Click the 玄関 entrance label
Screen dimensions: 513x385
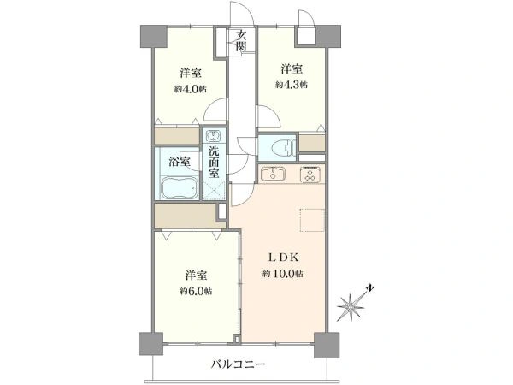[x=241, y=40]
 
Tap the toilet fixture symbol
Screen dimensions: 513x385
[x=283, y=147]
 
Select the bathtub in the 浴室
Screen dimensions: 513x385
[x=180, y=187]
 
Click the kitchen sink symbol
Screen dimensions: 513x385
[x=273, y=174]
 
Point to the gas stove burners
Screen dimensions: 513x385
[x=311, y=175]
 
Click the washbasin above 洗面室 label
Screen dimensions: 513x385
[x=214, y=136]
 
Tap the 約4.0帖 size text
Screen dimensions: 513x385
[x=190, y=89]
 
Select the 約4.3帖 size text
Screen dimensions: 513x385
[x=292, y=85]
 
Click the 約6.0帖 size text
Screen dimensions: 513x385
[x=196, y=291]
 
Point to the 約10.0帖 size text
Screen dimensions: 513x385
[x=282, y=274]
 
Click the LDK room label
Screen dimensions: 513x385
[x=283, y=258]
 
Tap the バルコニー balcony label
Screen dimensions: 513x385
[x=238, y=364]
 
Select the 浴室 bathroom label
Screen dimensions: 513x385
[x=180, y=161]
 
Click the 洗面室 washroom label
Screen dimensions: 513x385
[x=214, y=163]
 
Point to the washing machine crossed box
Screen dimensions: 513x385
[x=214, y=191]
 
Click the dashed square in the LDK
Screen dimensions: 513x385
[x=312, y=220]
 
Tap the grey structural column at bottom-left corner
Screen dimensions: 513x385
[x=150, y=344]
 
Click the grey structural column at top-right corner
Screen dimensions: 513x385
[x=328, y=36]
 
